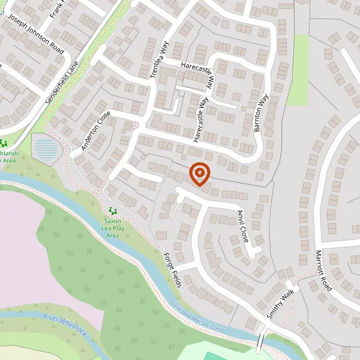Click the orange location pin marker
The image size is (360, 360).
(x=200, y=174)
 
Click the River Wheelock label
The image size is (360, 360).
(x=65, y=325)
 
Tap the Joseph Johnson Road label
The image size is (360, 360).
(x=36, y=33)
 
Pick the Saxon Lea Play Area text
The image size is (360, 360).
(x=113, y=228)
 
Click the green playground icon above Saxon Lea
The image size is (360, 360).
(x=112, y=211)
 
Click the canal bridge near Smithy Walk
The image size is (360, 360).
(x=262, y=340)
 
